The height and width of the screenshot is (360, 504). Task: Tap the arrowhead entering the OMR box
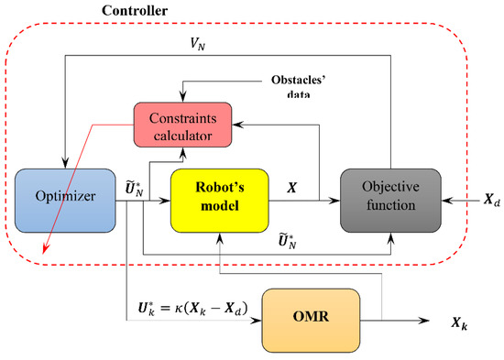pos(259,322)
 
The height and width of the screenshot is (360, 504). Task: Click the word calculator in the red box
pos(179,136)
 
